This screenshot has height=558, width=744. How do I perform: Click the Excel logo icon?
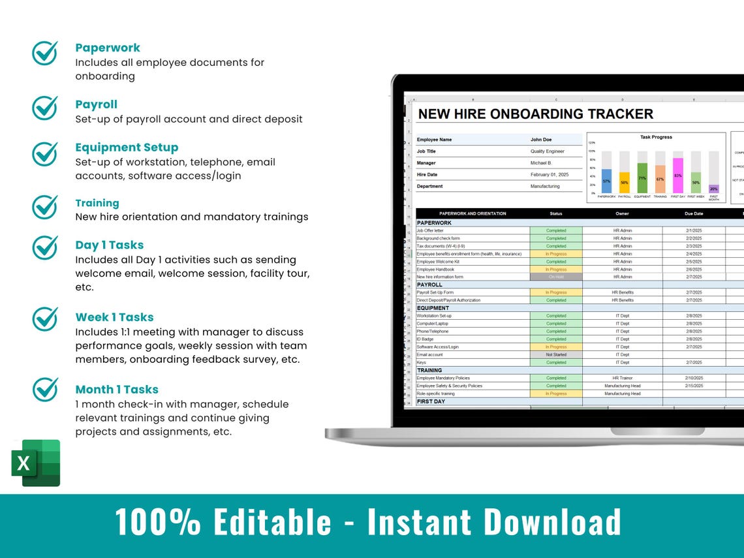click(x=36, y=463)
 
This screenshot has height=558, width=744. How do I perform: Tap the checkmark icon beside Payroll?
click(x=45, y=108)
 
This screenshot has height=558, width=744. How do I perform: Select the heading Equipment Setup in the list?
click(x=127, y=147)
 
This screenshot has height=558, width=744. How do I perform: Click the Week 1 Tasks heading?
click(x=114, y=317)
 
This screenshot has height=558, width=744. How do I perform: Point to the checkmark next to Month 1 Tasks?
click(x=45, y=390)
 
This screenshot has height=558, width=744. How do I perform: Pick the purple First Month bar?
click(x=713, y=189)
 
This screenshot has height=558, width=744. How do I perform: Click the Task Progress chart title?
click(x=656, y=137)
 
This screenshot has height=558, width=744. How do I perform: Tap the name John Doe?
click(x=541, y=140)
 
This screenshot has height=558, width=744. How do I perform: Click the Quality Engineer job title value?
click(x=547, y=151)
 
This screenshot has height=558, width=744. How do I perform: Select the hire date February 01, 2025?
click(x=550, y=175)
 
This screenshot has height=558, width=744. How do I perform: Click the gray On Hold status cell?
click(x=556, y=277)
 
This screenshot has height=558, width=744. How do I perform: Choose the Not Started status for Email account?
click(x=556, y=354)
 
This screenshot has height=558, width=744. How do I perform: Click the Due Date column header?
click(x=694, y=213)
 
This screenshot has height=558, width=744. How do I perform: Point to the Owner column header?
click(x=622, y=213)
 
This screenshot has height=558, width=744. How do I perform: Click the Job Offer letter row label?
click(x=430, y=230)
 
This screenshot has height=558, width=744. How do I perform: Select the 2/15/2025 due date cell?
click(x=694, y=386)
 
